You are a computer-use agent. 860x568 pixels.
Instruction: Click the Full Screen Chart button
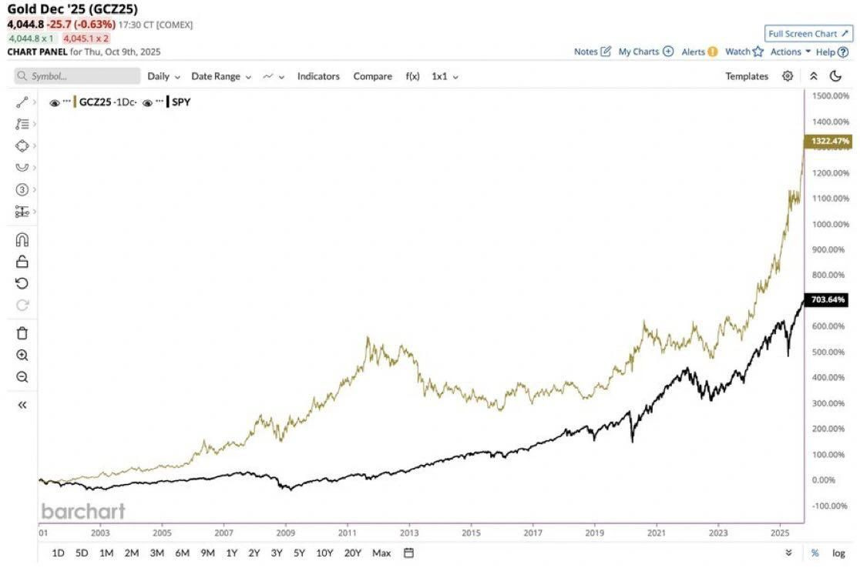[x=808, y=34]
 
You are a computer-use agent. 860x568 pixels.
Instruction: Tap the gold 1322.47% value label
[x=829, y=142]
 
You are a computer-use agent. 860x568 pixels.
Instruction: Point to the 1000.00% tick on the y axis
[x=831, y=224]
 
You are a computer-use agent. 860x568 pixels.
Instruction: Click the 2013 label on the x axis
[x=409, y=532]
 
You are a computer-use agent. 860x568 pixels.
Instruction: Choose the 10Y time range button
[x=324, y=553]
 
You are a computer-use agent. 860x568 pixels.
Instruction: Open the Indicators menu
[x=318, y=76]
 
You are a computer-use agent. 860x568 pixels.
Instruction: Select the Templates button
[x=746, y=76]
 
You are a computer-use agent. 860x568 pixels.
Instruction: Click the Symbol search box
[x=77, y=76]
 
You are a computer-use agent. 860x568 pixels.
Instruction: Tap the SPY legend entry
[x=180, y=102]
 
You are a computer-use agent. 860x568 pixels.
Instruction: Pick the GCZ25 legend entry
[x=106, y=102]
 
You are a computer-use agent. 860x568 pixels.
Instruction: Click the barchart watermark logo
[x=82, y=511]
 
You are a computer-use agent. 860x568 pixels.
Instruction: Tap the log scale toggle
[x=838, y=553]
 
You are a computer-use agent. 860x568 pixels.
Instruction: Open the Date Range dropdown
[x=221, y=76]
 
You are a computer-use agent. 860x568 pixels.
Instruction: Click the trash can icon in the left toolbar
[x=22, y=333]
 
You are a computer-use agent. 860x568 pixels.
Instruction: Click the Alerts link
[x=699, y=52]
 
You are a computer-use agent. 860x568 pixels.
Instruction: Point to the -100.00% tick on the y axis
[x=831, y=506]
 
